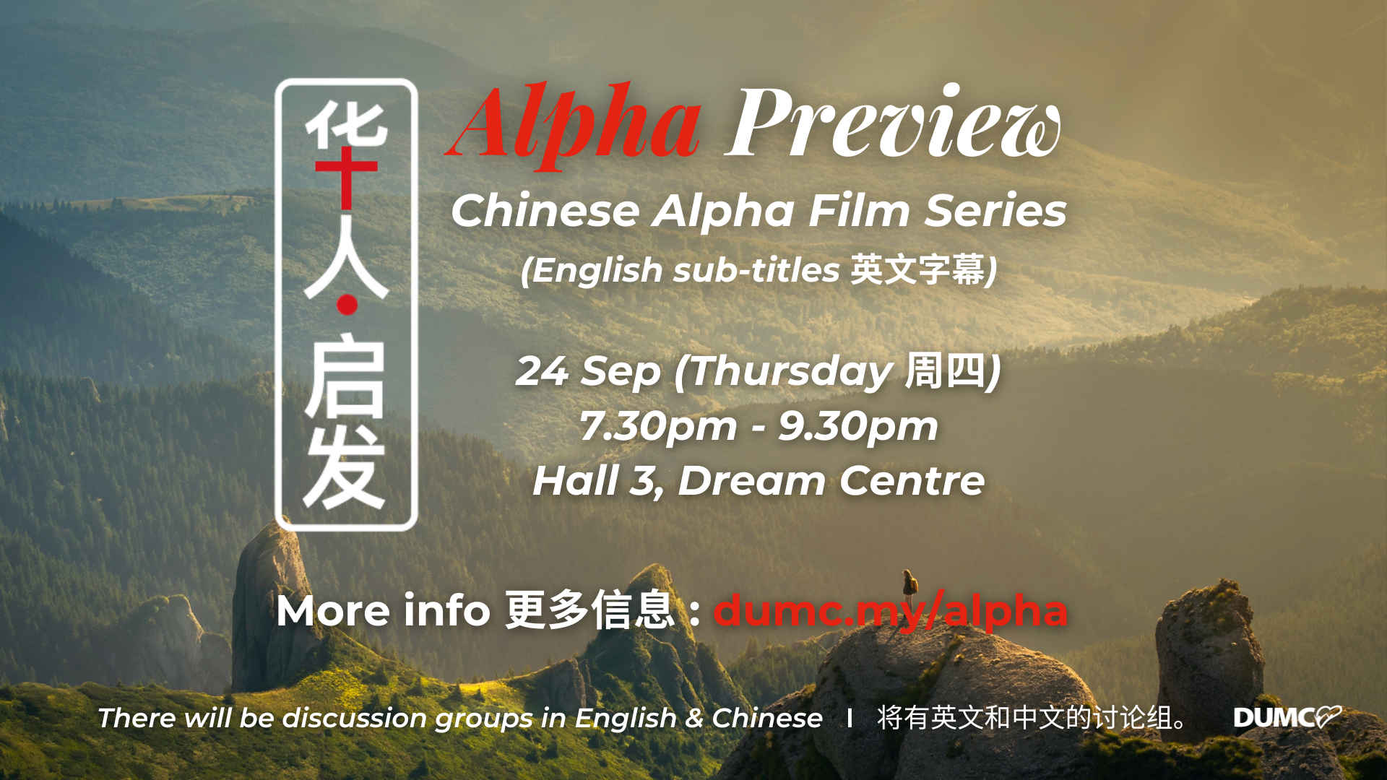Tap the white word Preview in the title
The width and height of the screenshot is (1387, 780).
(x=893, y=121)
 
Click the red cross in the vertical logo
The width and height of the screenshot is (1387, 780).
(x=347, y=177)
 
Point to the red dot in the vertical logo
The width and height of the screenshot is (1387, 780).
(x=347, y=305)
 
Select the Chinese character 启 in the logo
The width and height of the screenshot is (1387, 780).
(x=345, y=377)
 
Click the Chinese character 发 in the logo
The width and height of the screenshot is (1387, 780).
(x=345, y=467)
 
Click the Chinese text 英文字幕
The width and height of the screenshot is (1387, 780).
(x=917, y=269)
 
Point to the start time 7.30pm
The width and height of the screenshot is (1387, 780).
(x=658, y=427)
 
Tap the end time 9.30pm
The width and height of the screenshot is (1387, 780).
(x=858, y=427)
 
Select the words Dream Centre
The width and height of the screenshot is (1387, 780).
(x=831, y=481)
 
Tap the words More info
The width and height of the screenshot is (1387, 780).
(x=384, y=610)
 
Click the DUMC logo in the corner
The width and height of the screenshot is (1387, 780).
(x=1287, y=717)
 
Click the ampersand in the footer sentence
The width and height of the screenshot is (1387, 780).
(x=694, y=719)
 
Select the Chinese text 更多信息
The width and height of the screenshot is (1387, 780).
(x=589, y=610)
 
